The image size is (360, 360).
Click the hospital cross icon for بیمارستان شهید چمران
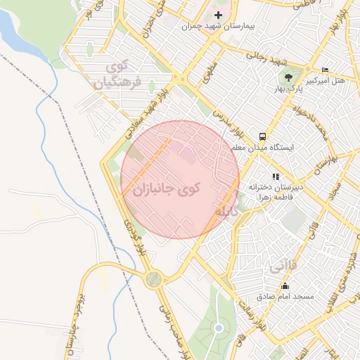218,15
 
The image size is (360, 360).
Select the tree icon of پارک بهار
288,76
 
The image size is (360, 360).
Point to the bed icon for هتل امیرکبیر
324,70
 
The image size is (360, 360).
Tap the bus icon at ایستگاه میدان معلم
262,136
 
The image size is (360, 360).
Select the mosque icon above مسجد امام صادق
285,285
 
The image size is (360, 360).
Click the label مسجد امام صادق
285,297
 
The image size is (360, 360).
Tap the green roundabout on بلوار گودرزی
153,281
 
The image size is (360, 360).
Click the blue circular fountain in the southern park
219,328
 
